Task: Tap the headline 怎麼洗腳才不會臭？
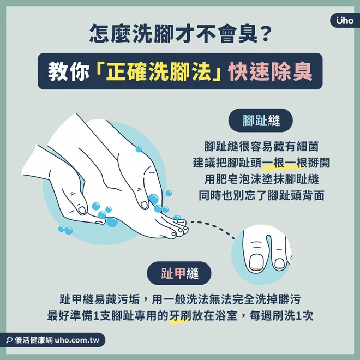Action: [181, 33]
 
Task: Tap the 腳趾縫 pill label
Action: [261, 121]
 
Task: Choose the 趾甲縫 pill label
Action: [179, 273]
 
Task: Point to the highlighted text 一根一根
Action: [285, 163]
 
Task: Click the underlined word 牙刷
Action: [180, 316]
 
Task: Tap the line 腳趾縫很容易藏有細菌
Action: [261, 146]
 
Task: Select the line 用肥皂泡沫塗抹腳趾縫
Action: [261, 179]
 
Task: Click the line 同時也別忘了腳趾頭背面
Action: [261, 196]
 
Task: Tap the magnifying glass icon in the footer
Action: [9, 340]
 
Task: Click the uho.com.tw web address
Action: [77, 340]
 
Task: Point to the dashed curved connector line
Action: [213, 227]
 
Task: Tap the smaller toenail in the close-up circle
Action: [279, 263]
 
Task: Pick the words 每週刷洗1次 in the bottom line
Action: [281, 316]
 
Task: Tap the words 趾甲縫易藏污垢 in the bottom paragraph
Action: [100, 299]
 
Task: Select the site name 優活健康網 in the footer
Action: [34, 340]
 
